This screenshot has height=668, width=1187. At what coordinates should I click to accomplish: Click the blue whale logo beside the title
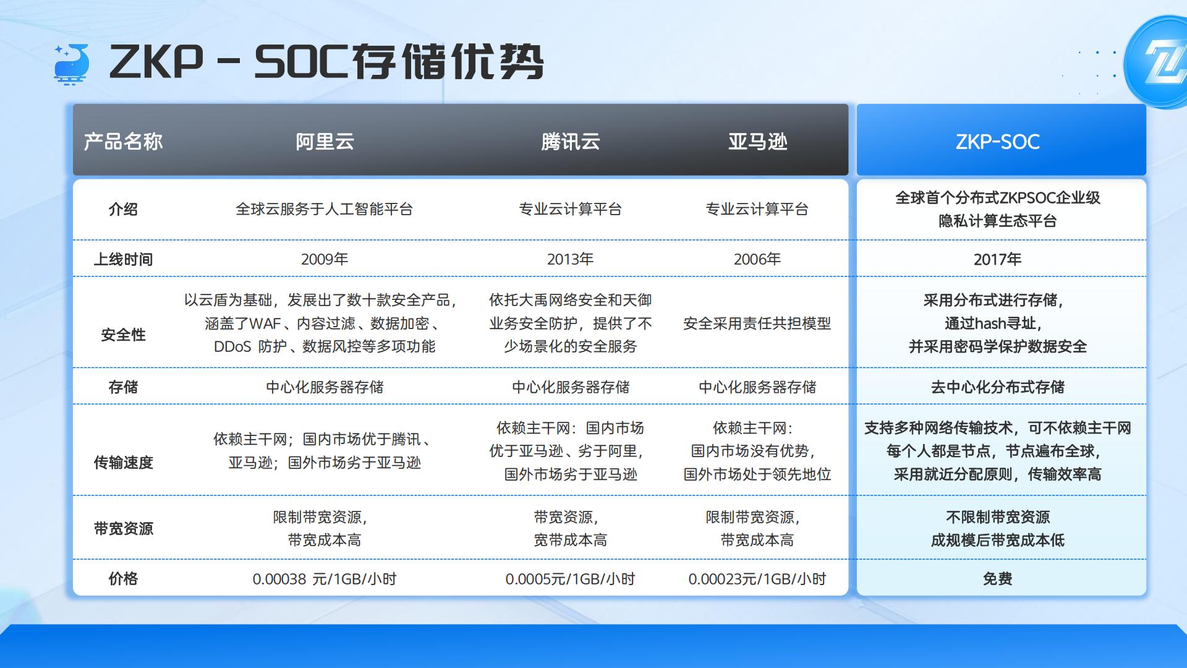point(72,64)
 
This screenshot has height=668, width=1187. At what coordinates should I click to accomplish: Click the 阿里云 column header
point(325,142)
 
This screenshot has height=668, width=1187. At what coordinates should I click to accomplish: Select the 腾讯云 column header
point(570,142)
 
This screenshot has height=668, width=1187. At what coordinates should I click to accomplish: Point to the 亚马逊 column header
point(757,142)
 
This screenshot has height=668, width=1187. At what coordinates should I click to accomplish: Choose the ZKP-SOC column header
point(997,142)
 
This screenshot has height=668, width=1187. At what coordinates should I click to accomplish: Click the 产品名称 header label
point(123,142)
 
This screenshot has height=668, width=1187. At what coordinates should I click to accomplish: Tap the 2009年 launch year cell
point(325,259)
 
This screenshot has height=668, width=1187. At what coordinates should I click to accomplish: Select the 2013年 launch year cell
point(570,259)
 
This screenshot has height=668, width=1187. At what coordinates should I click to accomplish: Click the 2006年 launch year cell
point(757,259)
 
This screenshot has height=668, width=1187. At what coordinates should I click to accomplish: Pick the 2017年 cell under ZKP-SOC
point(997,259)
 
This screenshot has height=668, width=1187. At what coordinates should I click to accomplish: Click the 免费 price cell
point(997,579)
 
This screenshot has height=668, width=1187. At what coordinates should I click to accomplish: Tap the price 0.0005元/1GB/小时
point(570,579)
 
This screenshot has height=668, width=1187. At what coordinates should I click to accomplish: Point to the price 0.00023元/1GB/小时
point(757,579)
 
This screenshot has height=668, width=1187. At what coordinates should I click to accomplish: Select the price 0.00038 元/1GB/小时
point(325,579)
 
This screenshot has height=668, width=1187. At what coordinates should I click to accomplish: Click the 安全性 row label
point(123,335)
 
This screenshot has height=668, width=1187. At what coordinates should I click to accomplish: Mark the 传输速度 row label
point(123,463)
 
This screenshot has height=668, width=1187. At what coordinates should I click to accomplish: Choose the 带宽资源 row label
point(123,529)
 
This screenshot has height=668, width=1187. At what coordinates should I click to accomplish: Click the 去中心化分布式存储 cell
point(997,387)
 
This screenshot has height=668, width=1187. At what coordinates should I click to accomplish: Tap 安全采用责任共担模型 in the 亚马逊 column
point(757,323)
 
